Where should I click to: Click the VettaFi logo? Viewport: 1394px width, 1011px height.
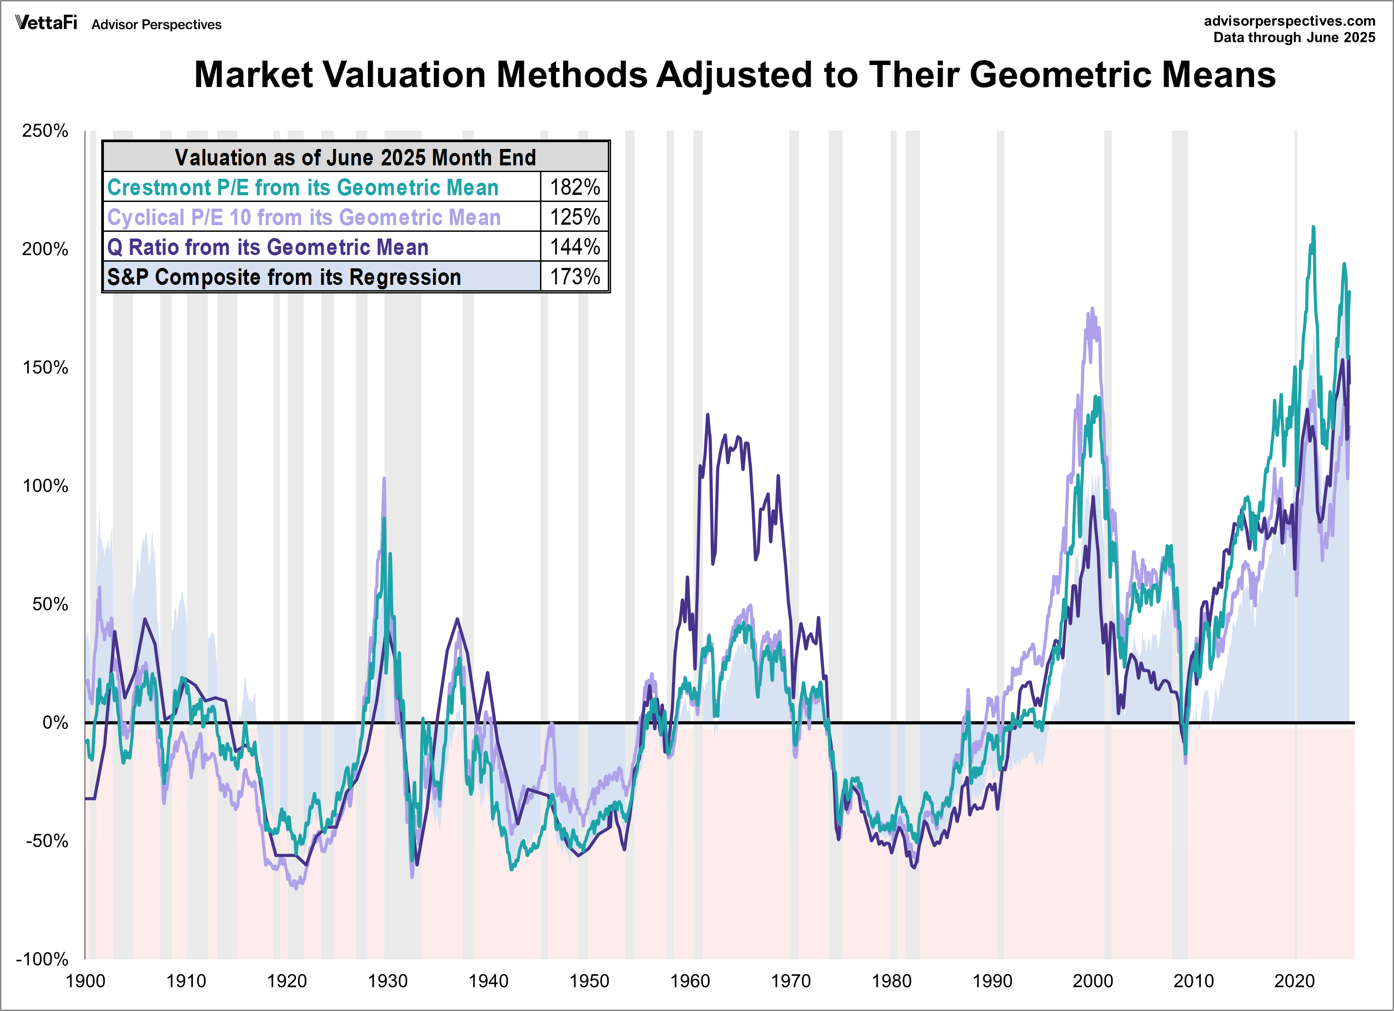[x=46, y=23]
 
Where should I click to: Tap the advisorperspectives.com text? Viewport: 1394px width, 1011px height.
[x=1289, y=21]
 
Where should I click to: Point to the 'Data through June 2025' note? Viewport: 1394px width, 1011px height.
[x=1294, y=37]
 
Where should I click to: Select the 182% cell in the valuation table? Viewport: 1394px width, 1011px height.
[x=575, y=187]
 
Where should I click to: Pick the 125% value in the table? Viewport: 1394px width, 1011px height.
[x=575, y=217]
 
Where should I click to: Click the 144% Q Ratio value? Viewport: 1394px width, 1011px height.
[x=575, y=247]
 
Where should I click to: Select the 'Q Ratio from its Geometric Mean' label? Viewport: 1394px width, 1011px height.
[x=268, y=247]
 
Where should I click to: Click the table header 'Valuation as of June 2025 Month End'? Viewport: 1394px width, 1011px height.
[x=355, y=157]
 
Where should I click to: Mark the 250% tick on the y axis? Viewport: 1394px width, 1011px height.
[x=45, y=131]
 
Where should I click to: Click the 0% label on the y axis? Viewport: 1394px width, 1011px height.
[x=55, y=722]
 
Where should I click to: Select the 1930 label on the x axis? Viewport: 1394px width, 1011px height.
[x=387, y=981]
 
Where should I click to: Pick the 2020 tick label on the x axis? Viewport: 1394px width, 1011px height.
[x=1295, y=981]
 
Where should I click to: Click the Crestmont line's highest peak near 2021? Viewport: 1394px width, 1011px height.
[x=1313, y=227]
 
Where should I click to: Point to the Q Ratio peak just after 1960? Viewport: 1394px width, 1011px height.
[x=707, y=415]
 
